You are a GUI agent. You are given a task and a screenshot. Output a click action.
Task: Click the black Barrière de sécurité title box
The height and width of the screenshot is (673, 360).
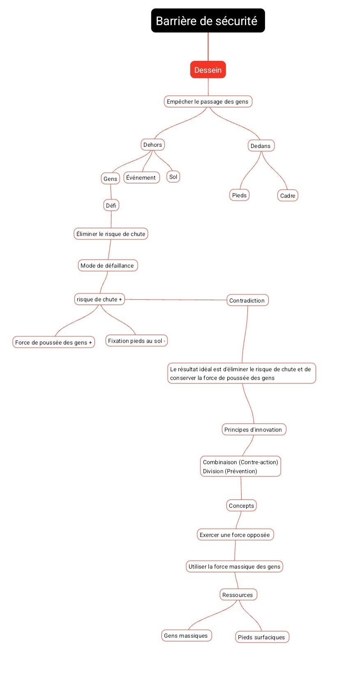click(208, 21)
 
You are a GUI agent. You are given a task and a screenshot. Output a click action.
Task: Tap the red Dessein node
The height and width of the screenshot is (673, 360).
click(208, 70)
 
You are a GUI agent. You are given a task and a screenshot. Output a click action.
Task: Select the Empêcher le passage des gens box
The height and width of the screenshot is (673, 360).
click(208, 101)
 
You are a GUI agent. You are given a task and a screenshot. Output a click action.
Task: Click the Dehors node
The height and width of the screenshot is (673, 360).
click(152, 145)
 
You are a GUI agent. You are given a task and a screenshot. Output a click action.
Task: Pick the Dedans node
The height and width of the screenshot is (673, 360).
click(261, 146)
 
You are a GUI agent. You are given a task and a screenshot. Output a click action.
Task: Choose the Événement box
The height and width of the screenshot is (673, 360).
click(141, 177)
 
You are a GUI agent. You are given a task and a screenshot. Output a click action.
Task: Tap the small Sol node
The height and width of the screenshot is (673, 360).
click(173, 177)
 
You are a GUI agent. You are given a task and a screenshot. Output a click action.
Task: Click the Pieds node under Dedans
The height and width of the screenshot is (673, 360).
click(239, 195)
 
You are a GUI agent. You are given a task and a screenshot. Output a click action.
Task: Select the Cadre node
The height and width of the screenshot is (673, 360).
click(288, 196)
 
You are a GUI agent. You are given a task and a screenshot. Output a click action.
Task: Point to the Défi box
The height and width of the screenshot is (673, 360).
click(111, 205)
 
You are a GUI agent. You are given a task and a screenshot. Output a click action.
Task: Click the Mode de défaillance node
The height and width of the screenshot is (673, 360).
click(108, 265)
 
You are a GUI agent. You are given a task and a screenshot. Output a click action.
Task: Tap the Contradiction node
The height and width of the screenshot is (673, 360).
click(247, 300)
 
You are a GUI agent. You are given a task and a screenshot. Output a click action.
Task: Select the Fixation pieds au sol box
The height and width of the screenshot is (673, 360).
click(136, 341)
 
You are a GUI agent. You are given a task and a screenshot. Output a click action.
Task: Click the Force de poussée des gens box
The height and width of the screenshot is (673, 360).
click(53, 343)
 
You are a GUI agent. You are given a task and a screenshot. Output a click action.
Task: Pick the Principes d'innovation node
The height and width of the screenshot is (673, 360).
click(253, 430)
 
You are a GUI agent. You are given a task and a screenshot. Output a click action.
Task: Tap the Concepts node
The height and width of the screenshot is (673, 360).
click(241, 506)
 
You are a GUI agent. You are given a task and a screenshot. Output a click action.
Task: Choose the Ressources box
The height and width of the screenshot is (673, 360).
click(238, 595)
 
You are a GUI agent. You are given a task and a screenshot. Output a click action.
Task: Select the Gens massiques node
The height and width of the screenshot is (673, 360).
click(186, 636)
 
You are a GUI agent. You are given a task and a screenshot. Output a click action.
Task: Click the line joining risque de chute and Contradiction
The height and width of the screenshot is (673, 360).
click(176, 300)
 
